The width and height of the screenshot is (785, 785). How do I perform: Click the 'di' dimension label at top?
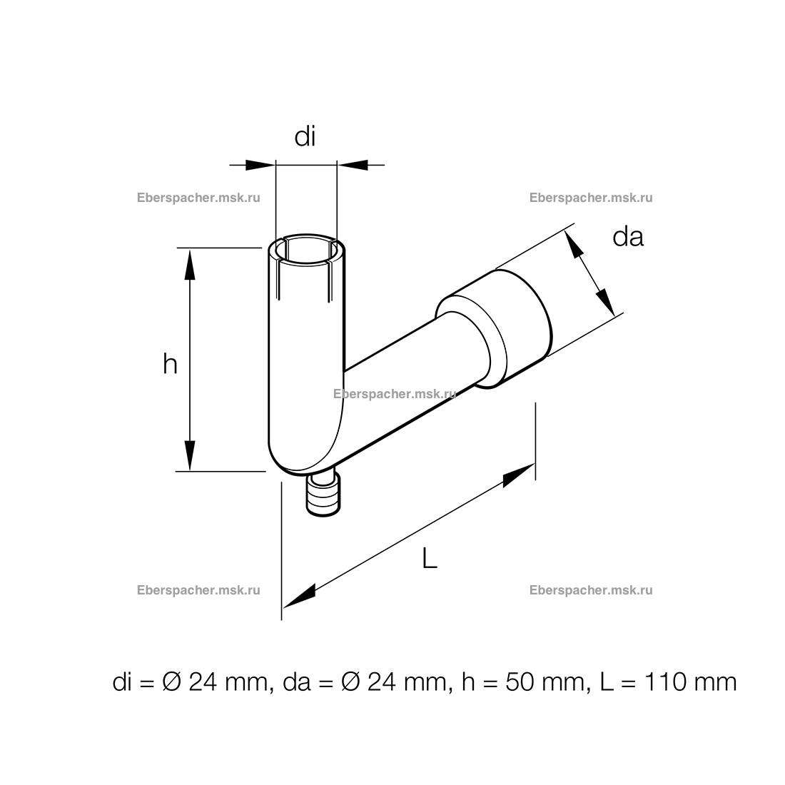point(305,137)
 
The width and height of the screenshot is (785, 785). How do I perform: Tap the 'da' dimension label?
point(628,236)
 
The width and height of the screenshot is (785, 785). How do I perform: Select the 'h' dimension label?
point(171,364)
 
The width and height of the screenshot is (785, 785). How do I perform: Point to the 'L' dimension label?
point(430,558)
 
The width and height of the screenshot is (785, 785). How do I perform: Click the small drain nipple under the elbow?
point(324,496)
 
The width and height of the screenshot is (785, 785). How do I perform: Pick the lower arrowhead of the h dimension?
point(189,455)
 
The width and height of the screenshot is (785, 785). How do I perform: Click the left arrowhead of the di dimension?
point(260,165)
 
